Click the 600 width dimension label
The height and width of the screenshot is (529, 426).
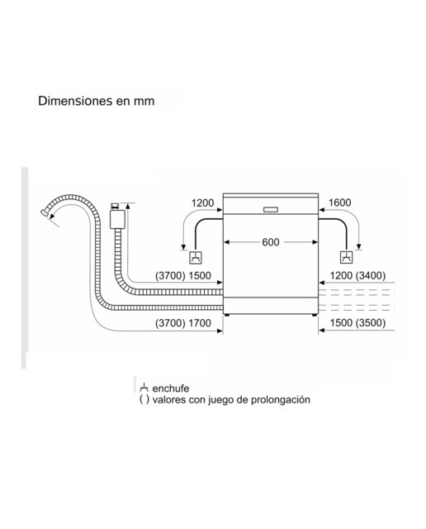[270, 242]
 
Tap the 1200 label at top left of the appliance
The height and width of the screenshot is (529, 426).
[202, 203]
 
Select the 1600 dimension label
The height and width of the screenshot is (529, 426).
[339, 203]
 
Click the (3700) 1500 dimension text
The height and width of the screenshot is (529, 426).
[183, 275]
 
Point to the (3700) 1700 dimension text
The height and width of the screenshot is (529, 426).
[183, 323]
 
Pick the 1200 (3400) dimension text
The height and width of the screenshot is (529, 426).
[357, 275]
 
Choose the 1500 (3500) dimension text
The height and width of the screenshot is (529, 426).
[357, 322]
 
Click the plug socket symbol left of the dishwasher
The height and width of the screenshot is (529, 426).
[196, 258]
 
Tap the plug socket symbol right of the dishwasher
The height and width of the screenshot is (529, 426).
[347, 257]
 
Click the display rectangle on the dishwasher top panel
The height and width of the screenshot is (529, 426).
[271, 210]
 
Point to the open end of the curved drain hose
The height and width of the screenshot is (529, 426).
[44, 212]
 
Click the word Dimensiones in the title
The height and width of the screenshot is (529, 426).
[75, 101]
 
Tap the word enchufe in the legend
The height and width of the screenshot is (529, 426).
[171, 388]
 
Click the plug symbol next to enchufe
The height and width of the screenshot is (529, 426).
[144, 388]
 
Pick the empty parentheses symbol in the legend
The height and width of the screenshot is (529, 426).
[144, 400]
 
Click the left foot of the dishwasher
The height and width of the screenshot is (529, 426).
[227, 315]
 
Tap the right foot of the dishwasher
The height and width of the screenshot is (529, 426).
[314, 315]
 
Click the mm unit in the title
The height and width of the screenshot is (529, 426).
[144, 102]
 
